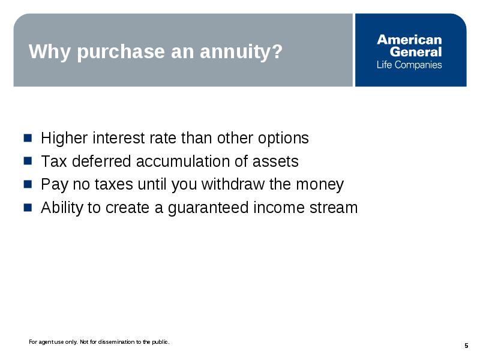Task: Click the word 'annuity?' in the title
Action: pos(241,52)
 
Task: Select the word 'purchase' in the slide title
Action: pos(121,52)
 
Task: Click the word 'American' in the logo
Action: pos(409,40)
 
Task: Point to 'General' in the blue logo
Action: pos(416,52)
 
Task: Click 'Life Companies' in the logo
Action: pos(409,65)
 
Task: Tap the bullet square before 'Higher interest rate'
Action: pos(28,138)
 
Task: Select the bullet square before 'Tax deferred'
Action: pos(28,161)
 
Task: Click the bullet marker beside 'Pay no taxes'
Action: pos(28,184)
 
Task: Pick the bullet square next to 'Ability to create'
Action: pos(28,208)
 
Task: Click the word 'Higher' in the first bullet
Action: pos(64,138)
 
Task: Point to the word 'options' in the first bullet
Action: pos(283,138)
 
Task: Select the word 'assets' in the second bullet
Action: pos(275,162)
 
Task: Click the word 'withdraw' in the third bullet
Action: pos(233,184)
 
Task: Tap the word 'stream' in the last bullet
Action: pos(334,208)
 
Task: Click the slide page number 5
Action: pos(466,346)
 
